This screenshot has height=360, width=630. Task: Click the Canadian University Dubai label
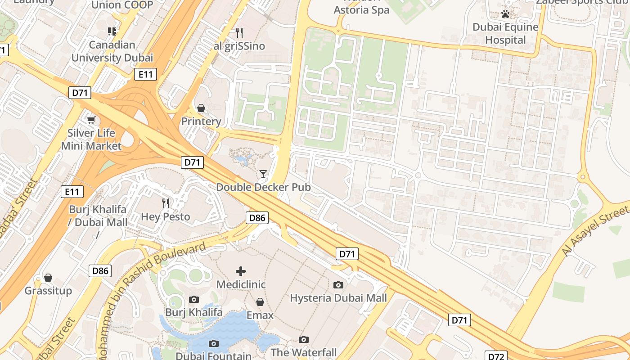[x=112, y=51]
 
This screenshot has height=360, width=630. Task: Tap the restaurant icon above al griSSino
[x=239, y=32]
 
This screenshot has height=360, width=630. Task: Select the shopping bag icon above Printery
[x=201, y=108]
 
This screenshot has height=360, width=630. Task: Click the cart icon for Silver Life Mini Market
[x=91, y=120]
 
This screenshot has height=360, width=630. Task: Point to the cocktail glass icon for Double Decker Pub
[x=263, y=174]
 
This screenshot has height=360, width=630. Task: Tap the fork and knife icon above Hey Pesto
[x=166, y=203]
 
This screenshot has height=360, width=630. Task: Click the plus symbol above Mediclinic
[x=241, y=271]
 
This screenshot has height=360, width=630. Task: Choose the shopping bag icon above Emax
[x=260, y=302]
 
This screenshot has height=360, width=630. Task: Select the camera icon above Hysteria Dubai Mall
[x=338, y=285]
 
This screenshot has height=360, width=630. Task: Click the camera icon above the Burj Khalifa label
[x=194, y=299]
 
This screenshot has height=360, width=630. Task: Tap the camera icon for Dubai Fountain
[x=214, y=343]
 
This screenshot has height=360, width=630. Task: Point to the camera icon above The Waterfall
[x=304, y=339]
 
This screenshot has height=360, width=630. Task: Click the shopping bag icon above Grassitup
[x=48, y=278]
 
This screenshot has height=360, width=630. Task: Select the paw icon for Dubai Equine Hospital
[x=505, y=14]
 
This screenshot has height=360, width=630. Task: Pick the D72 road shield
[x=496, y=356]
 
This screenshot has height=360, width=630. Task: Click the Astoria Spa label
[x=361, y=9]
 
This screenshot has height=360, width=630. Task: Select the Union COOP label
[x=122, y=5]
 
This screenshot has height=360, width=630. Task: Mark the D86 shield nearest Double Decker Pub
[x=257, y=218]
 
